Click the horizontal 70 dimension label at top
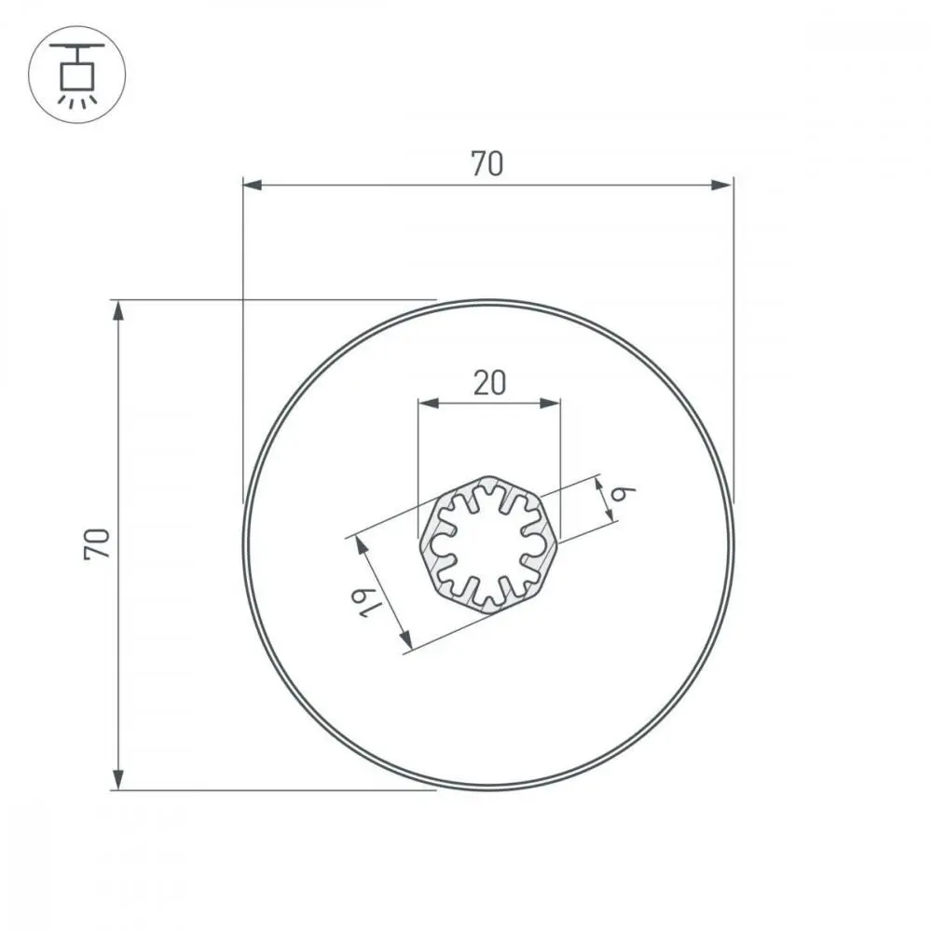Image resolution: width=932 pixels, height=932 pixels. [487, 163]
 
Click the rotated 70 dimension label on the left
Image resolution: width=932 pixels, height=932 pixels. [97, 543]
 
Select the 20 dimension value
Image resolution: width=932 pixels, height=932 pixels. [489, 383]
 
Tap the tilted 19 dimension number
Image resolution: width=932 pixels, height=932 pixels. [366, 602]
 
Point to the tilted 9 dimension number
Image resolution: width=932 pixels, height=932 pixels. [624, 493]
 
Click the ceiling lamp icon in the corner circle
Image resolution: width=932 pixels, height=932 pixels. [77, 75]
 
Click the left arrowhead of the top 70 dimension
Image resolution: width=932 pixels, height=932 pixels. [252, 185]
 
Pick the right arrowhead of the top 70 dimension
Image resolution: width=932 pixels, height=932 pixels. [722, 185]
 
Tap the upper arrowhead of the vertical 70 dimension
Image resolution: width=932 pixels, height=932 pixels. [118, 310]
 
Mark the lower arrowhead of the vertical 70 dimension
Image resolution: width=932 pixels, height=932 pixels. [118, 779]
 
